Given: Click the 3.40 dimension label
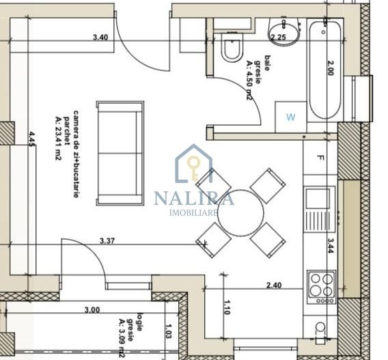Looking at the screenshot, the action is coord(100,38).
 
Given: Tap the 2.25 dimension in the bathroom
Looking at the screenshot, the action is coord(279,38).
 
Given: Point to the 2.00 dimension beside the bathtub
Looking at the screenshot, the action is coord(331,68).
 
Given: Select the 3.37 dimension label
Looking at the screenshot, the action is coord(107,240).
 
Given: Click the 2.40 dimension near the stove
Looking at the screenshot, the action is coord(274,286).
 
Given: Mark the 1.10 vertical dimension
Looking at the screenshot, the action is coord(226,307).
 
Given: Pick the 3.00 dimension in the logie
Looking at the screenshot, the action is coord(92,309).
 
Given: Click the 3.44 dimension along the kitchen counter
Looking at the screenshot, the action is coord(331,245).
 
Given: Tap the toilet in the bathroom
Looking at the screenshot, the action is coord(232,46).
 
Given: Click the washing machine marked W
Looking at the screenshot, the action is coord(291,117).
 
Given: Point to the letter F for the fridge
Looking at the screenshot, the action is coord(320,158).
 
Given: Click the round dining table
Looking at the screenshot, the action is coord(240,213).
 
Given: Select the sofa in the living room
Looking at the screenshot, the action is coord(120,153).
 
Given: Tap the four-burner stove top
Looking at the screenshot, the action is coord(322,288).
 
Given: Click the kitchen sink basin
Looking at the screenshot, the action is coord(318,198).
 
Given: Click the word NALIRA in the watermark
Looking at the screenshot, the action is coord(194,198).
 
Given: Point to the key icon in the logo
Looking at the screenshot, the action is coord(194,167).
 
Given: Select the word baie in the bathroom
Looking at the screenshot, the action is coord(267,63).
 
